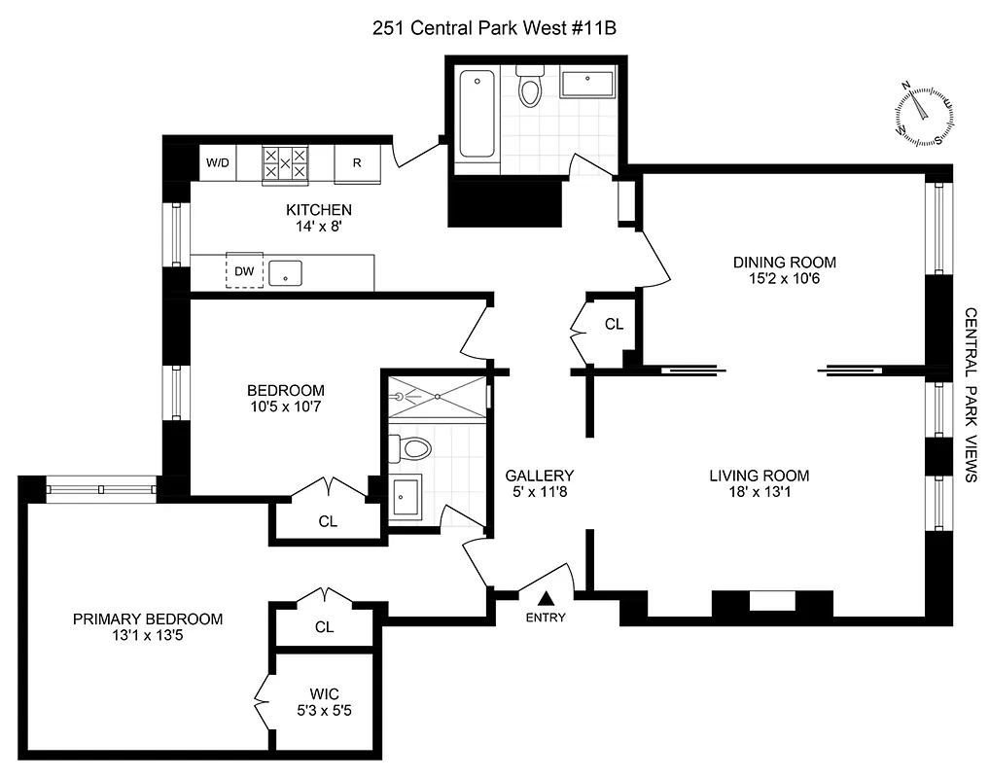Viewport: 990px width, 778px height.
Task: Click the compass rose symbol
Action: click(x=924, y=116)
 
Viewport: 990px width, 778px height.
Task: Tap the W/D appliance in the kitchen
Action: click(x=217, y=162)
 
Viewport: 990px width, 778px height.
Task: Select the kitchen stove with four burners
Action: click(x=285, y=163)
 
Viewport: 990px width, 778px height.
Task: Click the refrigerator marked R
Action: click(x=357, y=163)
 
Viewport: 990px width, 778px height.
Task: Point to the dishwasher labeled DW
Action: click(x=244, y=271)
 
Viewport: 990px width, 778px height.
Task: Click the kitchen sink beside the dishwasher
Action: click(x=286, y=271)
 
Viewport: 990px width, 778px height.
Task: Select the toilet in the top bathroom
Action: click(x=530, y=88)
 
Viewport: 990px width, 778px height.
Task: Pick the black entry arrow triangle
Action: click(x=546, y=598)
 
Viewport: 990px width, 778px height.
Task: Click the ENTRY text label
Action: click(x=546, y=618)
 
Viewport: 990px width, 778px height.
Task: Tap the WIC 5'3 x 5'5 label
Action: click(x=324, y=701)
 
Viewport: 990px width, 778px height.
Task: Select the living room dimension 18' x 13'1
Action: click(x=759, y=493)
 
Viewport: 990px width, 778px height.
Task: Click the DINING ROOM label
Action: click(x=784, y=262)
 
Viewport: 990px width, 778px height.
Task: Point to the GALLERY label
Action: click(x=539, y=476)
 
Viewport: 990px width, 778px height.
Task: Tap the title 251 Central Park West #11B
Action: click(x=495, y=28)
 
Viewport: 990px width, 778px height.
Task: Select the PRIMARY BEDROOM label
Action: click(x=149, y=619)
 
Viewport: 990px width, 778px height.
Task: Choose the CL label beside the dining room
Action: click(x=614, y=324)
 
